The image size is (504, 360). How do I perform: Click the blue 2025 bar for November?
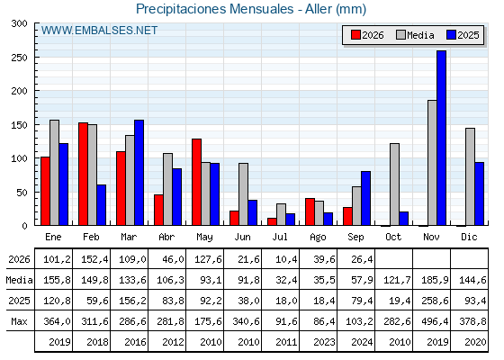pos(441,138)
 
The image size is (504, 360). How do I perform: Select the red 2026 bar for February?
pos(83,174)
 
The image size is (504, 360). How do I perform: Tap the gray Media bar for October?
pos(394,184)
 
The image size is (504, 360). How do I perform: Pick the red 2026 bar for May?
pos(196,182)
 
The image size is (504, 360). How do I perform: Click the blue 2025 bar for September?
pos(365,198)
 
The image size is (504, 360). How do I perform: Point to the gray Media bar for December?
pos(470,176)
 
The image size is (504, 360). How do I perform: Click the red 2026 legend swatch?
pos(355,35)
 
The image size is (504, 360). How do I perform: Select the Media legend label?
pos(420,35)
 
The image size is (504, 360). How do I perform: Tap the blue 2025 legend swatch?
pos(451,35)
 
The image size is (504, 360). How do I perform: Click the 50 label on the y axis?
pos(22,193)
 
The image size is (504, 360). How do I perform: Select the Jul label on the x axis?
pos(280,238)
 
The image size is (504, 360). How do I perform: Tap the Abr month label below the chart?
pos(166,238)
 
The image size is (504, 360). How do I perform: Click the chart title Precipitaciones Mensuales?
pos(214,9)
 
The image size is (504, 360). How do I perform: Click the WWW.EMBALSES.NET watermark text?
pos(99,31)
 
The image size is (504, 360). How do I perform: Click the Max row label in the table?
pos(19,321)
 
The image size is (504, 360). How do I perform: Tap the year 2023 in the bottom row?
pos(324,342)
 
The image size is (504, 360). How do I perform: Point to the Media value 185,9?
pos(435,280)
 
